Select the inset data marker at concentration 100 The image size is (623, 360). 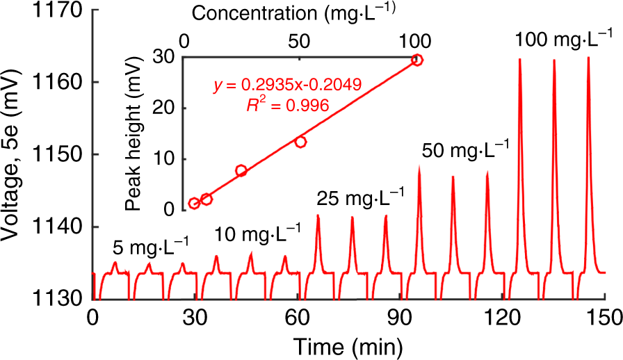[x=416, y=60]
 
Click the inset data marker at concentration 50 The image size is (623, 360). [x=300, y=142]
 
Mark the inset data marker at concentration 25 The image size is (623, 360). [x=241, y=170]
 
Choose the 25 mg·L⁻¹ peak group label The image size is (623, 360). [x=360, y=197]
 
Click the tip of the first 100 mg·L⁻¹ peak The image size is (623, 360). [x=520, y=58]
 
